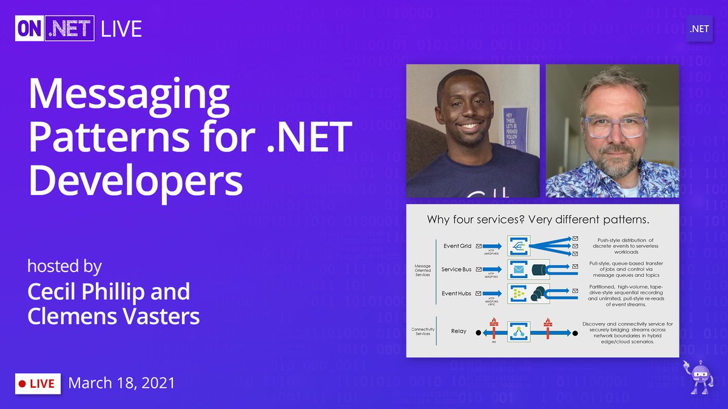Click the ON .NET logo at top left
pos(55,28)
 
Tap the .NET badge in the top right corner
pos(699,28)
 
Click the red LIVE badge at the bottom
pos(38,383)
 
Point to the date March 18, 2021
pos(122,383)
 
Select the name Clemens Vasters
pos(113,316)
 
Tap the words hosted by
pos(64,267)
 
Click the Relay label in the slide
pos(459,331)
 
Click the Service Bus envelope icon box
pos(519,270)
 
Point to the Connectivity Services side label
pos(422,331)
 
